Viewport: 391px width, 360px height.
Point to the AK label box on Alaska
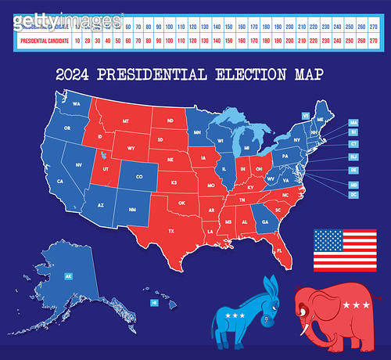(x=68, y=276)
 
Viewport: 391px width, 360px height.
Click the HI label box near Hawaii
(x=154, y=302)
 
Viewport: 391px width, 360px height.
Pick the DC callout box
(x=353, y=194)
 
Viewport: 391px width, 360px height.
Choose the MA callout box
(x=353, y=123)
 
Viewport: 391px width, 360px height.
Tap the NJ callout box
(x=353, y=157)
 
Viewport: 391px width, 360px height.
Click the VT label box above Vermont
(x=305, y=115)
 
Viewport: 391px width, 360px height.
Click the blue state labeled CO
(x=139, y=176)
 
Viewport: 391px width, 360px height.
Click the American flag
(x=345, y=249)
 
